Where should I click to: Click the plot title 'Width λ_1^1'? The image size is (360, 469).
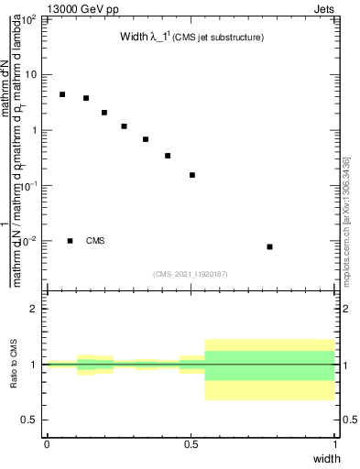point(191,38)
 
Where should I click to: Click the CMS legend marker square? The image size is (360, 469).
point(71,241)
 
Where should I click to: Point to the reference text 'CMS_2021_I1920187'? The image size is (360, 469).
point(191,274)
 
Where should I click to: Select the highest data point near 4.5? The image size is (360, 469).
point(62,94)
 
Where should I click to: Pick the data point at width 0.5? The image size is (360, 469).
point(192,175)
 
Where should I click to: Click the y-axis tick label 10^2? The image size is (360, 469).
point(31,19)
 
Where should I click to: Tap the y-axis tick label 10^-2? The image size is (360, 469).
point(31,241)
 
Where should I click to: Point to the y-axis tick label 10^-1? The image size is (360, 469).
point(31,186)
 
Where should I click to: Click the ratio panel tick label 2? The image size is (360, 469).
point(35,309)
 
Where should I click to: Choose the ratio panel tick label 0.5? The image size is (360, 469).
point(31,420)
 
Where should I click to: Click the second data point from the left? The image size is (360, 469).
point(86,98)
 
